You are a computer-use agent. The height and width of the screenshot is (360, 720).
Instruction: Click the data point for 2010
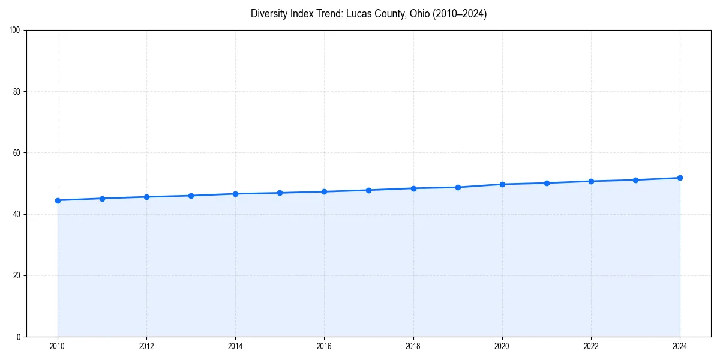58,200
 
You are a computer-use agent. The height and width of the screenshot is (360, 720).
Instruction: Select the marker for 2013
191,196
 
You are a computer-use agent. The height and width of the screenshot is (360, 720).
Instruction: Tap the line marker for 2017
368,190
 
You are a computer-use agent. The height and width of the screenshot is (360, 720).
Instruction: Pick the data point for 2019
458,187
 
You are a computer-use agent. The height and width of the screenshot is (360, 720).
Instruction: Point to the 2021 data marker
547,183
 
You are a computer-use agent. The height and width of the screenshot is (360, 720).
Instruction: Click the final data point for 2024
680,178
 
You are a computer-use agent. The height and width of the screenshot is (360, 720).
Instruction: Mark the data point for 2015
280,193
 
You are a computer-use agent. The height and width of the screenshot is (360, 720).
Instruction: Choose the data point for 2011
102,199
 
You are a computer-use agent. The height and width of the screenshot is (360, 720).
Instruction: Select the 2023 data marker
635,180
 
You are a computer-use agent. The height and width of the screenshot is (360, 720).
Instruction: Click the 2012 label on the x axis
146,346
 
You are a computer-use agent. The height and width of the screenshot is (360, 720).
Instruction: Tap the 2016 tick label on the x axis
324,346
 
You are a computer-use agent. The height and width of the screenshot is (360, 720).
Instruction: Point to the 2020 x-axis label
502,346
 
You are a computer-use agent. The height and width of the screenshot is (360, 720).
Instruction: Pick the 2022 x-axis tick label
591,346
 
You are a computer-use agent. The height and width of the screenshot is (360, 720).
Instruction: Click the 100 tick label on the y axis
15,31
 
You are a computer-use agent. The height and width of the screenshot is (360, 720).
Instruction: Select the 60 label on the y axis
17,153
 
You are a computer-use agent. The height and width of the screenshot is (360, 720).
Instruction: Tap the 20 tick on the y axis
17,275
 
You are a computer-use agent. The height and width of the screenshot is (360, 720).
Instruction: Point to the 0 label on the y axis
19,337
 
